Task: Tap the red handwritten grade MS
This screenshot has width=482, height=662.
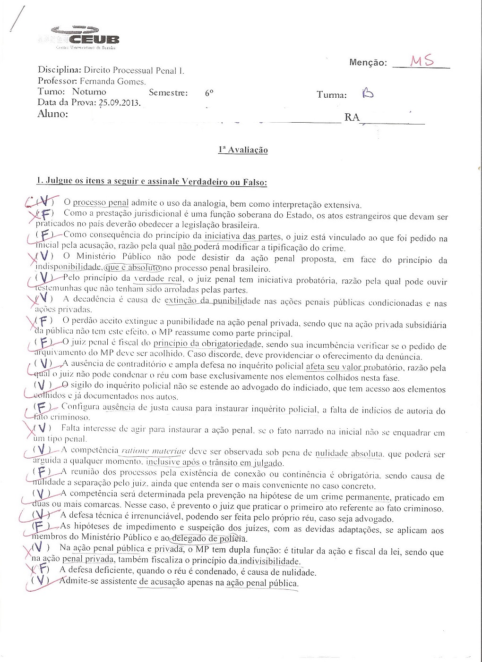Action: (422, 61)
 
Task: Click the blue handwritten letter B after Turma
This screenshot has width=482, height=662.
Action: (367, 93)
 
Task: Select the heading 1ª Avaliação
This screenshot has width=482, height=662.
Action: (243, 150)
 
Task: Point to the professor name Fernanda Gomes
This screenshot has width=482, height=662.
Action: (112, 81)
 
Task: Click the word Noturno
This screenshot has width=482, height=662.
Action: (89, 92)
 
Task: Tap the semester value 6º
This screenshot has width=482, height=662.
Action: (209, 93)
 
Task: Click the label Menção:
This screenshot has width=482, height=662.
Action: (368, 63)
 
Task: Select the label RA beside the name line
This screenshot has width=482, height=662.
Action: (352, 117)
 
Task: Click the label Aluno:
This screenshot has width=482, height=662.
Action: (52, 114)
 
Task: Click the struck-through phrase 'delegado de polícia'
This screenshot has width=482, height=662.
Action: (209, 538)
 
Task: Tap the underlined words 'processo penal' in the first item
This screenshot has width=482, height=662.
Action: (101, 203)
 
